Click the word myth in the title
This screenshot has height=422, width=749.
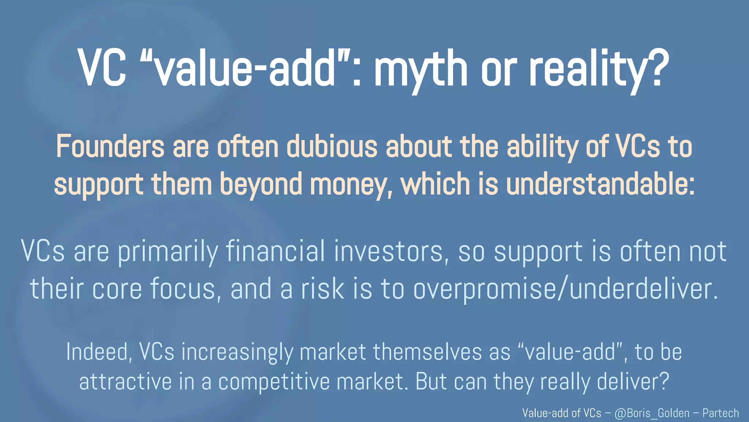[x=421, y=70]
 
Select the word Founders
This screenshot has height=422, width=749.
[x=110, y=147]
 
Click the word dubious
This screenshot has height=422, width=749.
[x=332, y=147]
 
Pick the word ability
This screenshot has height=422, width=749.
[x=542, y=147]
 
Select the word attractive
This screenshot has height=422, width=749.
[x=125, y=382]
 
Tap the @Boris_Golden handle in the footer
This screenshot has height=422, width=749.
[x=652, y=413]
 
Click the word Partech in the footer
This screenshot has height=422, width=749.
[x=720, y=413]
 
